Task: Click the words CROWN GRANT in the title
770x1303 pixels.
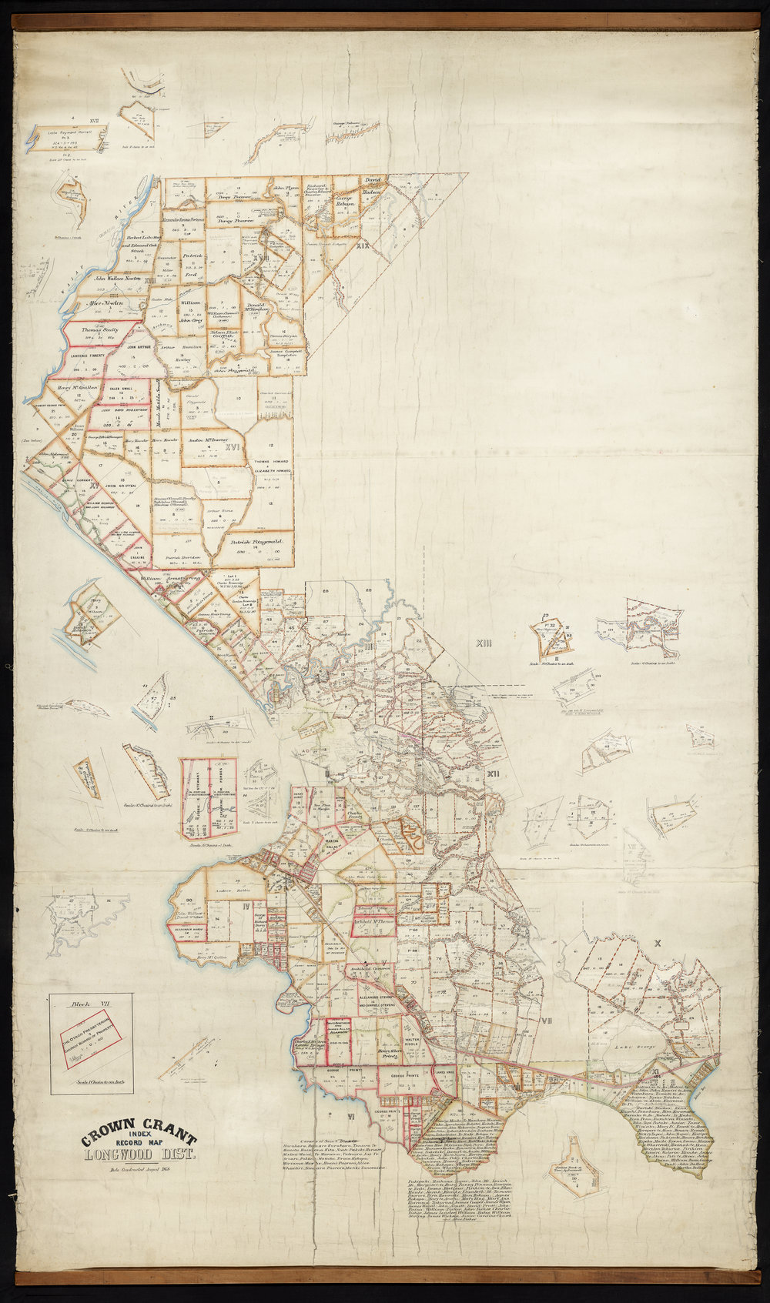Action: pyautogui.click(x=139, y=1135)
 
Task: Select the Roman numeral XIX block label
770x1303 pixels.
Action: pyautogui.click(x=363, y=246)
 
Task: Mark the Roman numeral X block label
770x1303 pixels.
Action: pyautogui.click(x=657, y=942)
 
